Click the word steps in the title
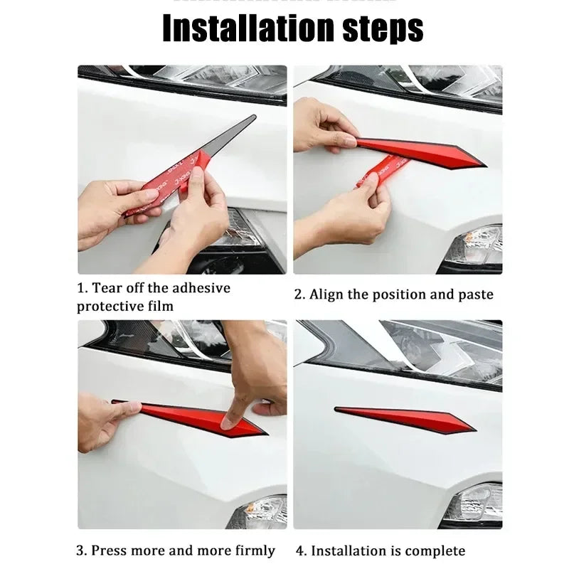point(376,28)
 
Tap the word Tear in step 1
point(111,289)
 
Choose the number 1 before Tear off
point(80,289)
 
